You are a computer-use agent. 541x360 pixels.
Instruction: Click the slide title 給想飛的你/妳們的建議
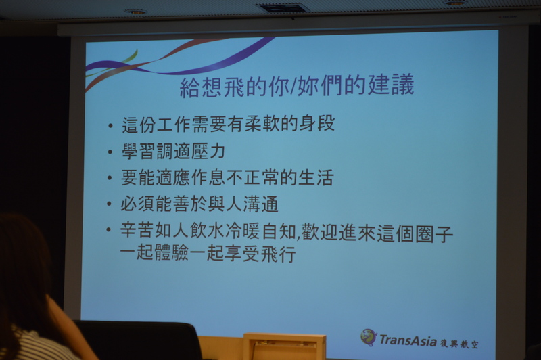click(297, 87)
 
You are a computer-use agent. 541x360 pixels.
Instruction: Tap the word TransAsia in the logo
click(408, 340)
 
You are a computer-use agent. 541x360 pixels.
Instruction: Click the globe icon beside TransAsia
click(369, 337)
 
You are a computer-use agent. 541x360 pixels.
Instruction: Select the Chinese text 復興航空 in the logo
click(459, 343)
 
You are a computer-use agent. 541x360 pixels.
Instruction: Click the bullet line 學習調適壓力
click(174, 151)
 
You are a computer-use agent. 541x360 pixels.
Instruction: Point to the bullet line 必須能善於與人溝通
click(199, 204)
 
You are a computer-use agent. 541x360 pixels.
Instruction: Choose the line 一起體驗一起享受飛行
click(208, 254)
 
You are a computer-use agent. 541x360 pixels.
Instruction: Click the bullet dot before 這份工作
click(110, 126)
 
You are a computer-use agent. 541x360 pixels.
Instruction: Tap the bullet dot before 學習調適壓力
click(110, 152)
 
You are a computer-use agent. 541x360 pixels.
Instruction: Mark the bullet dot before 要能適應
click(110, 178)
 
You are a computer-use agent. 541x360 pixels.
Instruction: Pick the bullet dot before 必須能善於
click(110, 204)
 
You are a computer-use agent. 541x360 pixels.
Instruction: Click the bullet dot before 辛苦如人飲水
click(109, 229)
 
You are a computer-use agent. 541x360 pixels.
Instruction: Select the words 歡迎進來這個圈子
click(377, 233)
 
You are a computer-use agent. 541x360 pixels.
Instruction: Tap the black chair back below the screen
click(138, 341)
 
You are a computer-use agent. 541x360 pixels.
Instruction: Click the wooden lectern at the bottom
click(284, 346)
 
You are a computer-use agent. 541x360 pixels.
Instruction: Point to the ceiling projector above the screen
click(282, 7)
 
